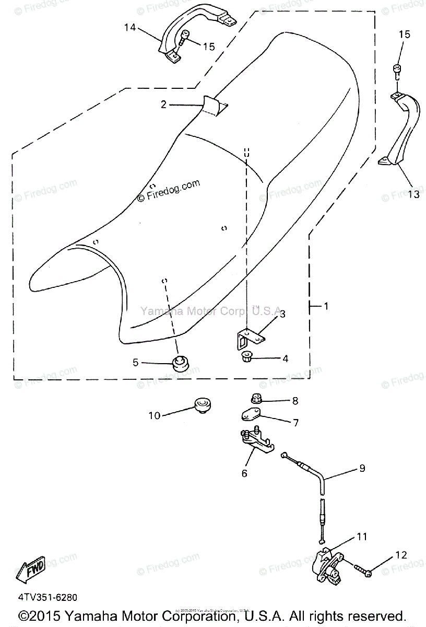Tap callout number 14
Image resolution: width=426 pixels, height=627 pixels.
129,27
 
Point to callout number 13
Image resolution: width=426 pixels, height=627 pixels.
413,194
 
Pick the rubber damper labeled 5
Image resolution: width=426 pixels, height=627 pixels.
180,362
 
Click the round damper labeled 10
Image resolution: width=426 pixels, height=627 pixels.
202,405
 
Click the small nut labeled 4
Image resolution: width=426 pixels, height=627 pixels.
248,358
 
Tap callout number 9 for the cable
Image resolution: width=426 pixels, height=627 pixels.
362,468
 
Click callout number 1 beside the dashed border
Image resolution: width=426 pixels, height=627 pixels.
326,306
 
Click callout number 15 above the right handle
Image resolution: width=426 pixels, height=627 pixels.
405,35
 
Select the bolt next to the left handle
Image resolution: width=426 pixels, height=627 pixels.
183,38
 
